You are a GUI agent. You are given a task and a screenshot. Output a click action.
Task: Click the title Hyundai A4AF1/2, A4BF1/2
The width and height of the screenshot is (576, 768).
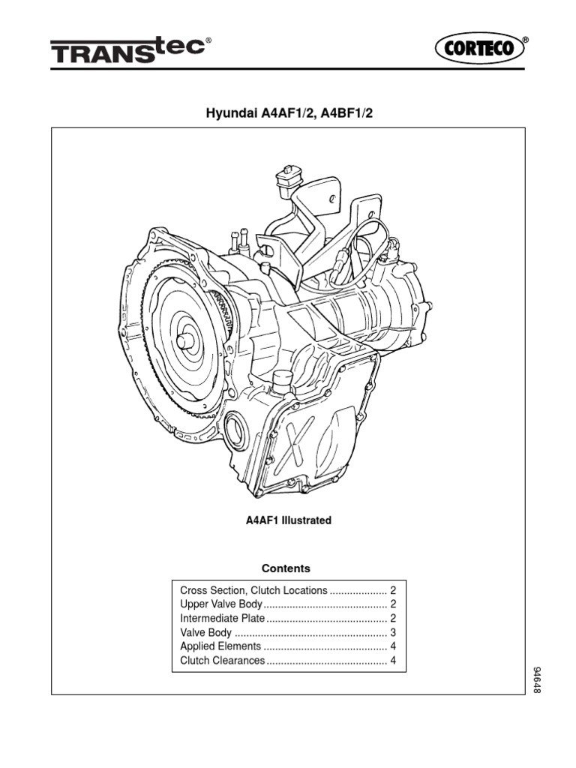point(289,113)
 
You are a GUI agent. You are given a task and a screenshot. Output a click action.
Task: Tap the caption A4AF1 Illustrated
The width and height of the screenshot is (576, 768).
point(289,520)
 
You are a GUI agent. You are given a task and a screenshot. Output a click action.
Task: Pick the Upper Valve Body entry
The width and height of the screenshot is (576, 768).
point(221,604)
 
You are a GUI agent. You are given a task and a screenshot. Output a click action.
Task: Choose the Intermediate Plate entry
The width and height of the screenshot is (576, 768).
point(223,618)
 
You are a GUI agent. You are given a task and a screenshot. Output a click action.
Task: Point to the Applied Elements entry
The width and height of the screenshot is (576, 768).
point(220,646)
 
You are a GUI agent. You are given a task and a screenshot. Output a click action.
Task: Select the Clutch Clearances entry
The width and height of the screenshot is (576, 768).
point(223,660)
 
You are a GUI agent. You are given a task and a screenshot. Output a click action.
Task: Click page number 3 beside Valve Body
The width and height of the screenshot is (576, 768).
point(392,632)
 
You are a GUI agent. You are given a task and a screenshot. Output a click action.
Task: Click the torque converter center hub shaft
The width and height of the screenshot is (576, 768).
point(184,340)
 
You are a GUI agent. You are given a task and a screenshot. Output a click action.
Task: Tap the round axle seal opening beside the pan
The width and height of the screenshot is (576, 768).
point(236,431)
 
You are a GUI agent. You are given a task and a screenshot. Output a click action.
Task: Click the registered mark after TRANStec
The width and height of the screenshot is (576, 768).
point(208,43)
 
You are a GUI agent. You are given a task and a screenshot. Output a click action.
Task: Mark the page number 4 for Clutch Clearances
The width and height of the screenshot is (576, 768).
point(392,660)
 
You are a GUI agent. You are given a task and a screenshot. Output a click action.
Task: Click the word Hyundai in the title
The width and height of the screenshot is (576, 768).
point(228,113)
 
